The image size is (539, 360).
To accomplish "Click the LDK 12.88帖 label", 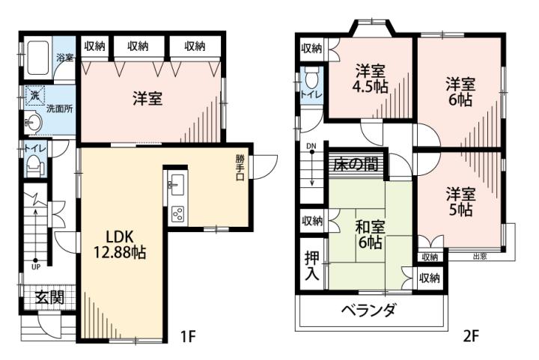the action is [120, 244].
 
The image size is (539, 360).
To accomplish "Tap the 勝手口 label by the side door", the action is [240, 168].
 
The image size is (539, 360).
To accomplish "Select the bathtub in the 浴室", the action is [38, 58].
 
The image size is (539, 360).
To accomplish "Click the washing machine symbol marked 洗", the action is [34, 96].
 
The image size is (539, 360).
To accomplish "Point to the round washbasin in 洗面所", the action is [34, 122].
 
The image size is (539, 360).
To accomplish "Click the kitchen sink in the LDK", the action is [177, 184].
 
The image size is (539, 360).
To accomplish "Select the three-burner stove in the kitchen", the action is [177, 215].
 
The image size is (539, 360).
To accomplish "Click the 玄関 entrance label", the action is [51, 297].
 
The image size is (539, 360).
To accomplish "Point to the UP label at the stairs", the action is [36, 266].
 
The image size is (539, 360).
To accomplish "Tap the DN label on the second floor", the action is [311, 147].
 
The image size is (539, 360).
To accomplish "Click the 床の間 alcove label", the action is [356, 164].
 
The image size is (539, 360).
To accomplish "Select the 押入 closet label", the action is [312, 266].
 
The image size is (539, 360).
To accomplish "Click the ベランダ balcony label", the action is [368, 311].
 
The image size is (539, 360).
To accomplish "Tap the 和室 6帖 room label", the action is [370, 235].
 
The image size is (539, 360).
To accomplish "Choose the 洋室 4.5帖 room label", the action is [371, 79].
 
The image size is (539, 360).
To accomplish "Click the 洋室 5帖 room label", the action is [460, 202].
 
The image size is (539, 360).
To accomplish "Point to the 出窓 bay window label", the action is [480, 256].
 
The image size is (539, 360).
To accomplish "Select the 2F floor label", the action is [471, 335].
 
